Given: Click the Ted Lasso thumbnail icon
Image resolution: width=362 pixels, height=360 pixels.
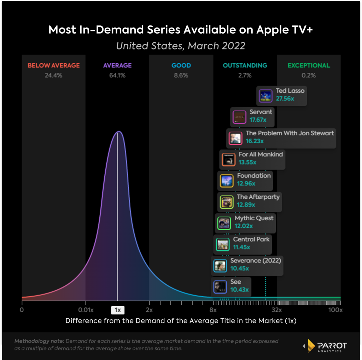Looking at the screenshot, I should click(x=265, y=96).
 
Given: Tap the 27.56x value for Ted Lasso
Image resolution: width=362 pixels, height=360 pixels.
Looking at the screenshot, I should click(x=285, y=99).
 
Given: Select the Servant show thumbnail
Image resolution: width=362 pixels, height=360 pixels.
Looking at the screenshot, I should click(x=239, y=117).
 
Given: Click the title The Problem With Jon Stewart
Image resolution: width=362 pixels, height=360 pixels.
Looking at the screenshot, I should click(x=290, y=133).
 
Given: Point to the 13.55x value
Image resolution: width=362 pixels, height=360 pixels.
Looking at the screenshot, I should click(x=247, y=162).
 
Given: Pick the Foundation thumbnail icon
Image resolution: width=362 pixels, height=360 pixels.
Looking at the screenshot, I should click(x=226, y=181).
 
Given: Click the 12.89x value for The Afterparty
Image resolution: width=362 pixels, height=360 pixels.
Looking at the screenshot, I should click(x=246, y=205).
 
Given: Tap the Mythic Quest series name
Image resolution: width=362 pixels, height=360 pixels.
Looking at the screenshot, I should click(x=254, y=218).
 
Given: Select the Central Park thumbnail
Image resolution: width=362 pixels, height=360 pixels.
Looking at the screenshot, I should click(x=223, y=244).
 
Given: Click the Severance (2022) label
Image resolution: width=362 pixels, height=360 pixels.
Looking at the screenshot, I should click(x=255, y=261).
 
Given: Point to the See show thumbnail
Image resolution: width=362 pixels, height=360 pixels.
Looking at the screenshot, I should click(x=220, y=287).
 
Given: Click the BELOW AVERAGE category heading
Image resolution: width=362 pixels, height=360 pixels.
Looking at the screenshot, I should click(x=54, y=65).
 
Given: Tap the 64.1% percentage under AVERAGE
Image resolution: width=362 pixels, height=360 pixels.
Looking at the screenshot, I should click(x=117, y=75).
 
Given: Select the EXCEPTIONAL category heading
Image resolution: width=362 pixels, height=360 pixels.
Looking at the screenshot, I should click(x=309, y=65).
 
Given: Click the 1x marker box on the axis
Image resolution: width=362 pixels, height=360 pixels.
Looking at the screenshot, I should click(x=118, y=310).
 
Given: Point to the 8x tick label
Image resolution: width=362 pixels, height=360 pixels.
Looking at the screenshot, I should click(x=213, y=310).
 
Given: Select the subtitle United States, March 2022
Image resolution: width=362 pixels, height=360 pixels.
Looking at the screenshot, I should click(x=181, y=46).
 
